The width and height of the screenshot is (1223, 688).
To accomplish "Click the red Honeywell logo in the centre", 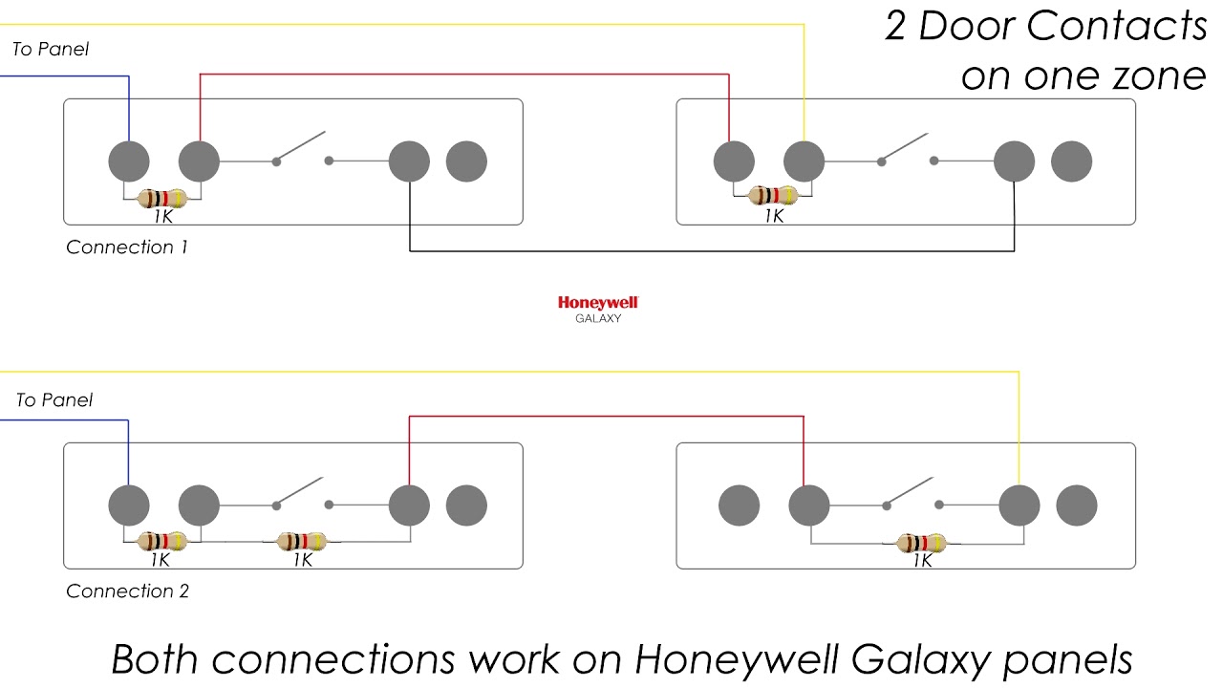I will click(x=597, y=302).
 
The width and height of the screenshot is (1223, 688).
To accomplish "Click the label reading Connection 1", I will click(x=127, y=247).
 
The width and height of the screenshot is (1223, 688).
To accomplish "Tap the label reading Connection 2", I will click(x=127, y=591).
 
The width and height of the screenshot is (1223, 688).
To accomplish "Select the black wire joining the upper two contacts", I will click(x=712, y=251).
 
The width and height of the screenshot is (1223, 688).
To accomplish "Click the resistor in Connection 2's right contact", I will click(x=923, y=543).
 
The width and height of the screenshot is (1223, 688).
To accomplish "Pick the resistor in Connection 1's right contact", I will click(x=772, y=196).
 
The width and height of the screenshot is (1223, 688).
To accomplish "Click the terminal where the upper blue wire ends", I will click(x=129, y=161).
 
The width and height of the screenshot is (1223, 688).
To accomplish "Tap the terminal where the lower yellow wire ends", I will click(x=1019, y=505).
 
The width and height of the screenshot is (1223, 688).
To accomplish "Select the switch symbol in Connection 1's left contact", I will click(x=302, y=149).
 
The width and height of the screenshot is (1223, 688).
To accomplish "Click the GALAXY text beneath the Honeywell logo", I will click(x=597, y=319).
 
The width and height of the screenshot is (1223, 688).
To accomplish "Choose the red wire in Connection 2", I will click(x=606, y=417).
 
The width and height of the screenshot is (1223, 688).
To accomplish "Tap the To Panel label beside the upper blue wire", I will click(x=51, y=50).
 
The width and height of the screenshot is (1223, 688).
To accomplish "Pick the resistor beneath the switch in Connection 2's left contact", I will click(x=302, y=541).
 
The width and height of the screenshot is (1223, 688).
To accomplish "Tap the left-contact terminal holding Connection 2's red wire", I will click(x=409, y=505).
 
